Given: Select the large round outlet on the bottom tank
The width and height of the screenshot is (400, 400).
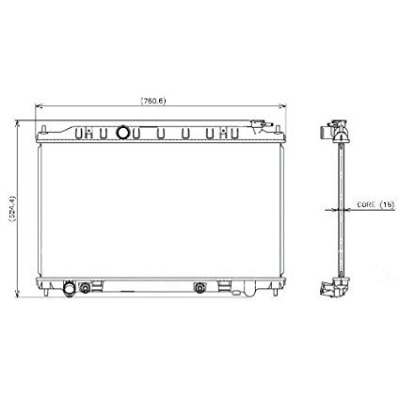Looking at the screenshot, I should tap(69, 288).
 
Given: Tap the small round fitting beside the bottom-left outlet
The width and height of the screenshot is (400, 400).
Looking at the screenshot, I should tap(88, 286).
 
